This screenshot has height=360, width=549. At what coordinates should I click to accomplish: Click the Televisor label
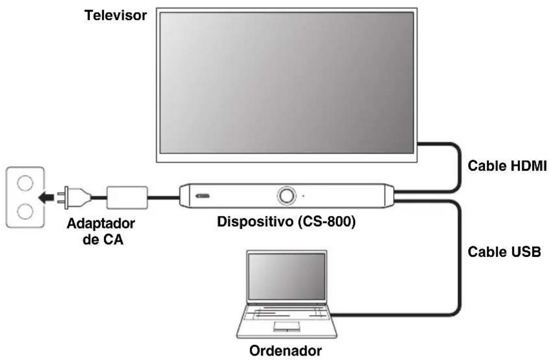tap(116, 16)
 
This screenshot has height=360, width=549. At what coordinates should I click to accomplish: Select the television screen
tap(287, 83)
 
